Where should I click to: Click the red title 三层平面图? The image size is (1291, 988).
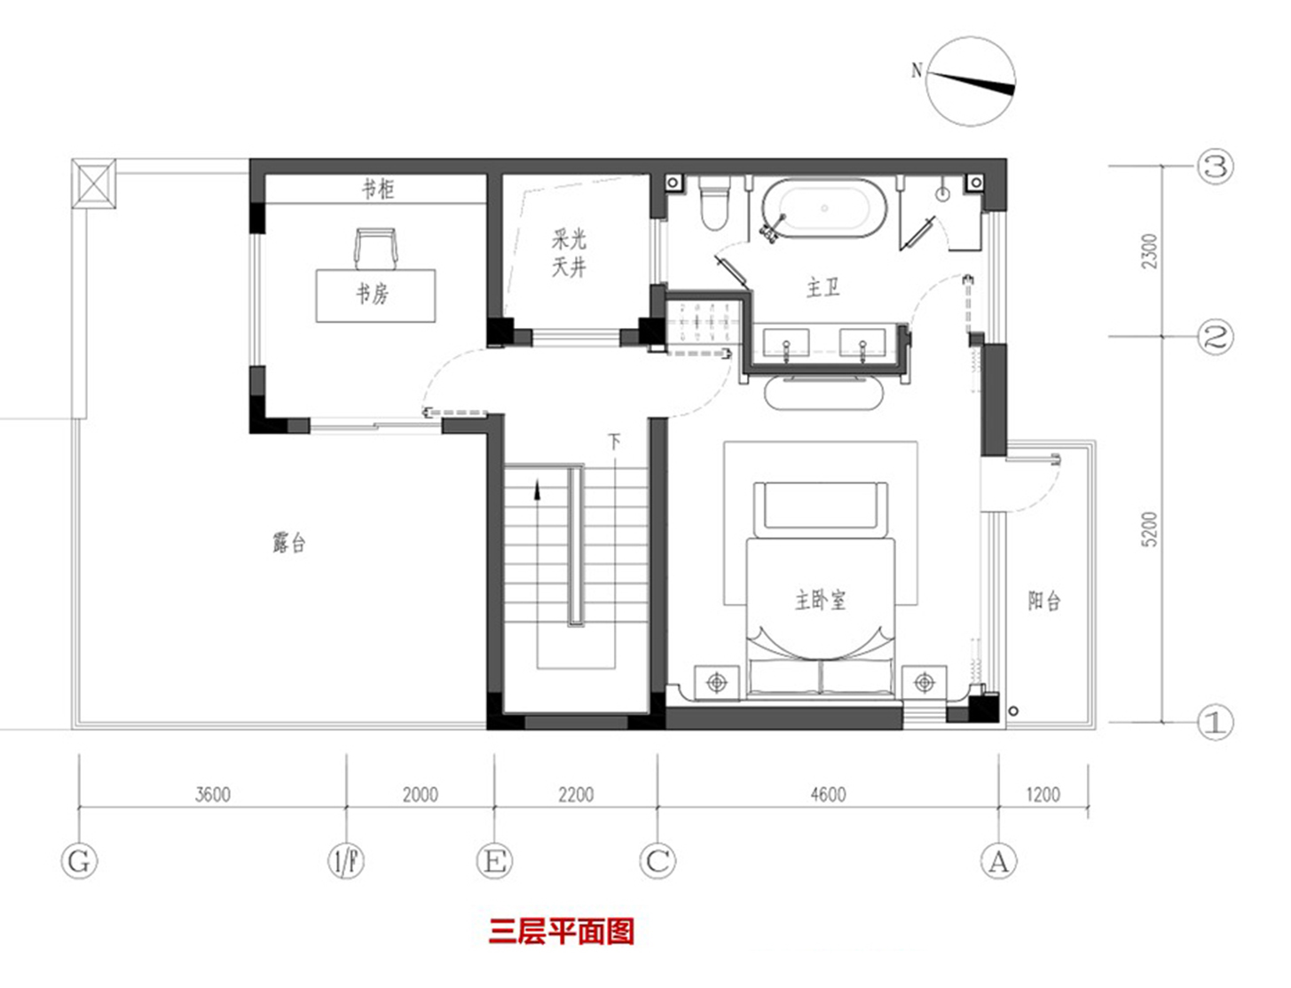[x=561, y=931]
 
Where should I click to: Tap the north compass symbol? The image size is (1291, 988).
[x=971, y=81]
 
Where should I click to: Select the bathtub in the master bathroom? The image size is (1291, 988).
[x=823, y=209]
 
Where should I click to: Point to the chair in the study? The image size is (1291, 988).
[x=376, y=247]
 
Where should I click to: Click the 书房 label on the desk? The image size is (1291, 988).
[x=373, y=294]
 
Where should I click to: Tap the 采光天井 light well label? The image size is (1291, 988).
[x=570, y=253]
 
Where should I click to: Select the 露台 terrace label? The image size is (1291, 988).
[x=289, y=542]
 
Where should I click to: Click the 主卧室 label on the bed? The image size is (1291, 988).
[x=821, y=600]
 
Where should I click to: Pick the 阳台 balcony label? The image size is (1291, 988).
[x=1044, y=601]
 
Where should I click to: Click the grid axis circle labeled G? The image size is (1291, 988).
[x=79, y=861]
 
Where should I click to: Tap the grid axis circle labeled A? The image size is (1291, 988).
[x=999, y=861]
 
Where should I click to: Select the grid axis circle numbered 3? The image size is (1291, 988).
[x=1216, y=167]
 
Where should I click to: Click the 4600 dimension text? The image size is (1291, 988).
[x=828, y=795]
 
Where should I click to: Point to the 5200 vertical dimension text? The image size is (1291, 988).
[x=1150, y=529]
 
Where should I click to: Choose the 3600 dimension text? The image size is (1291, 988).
[x=213, y=795]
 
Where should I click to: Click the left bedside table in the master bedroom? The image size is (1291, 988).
[x=717, y=683]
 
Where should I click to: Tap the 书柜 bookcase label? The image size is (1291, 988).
[x=378, y=189]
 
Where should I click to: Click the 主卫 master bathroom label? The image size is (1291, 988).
[x=823, y=287]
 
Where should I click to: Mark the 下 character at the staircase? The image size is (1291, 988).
[x=614, y=441]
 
